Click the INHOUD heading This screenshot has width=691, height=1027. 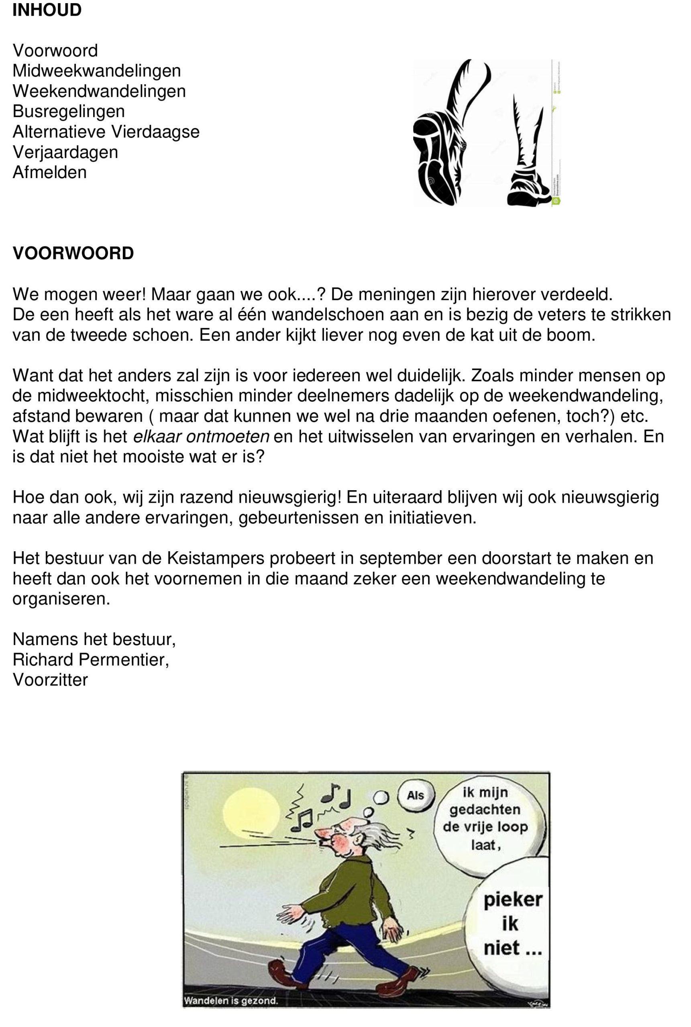pos(47,10)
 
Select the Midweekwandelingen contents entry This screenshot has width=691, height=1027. pos(96,71)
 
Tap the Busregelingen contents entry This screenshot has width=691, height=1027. pos(68,112)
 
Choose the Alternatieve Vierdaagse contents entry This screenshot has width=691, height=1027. pos(106,132)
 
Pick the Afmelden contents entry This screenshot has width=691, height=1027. pos(49,172)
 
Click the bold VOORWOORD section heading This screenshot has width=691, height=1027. pos(73,254)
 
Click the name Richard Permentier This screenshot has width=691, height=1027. pos(90,660)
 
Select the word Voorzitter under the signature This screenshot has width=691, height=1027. pos(50,680)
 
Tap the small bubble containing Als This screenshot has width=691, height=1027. pos(415,796)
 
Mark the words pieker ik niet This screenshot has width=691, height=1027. pos(512,923)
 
